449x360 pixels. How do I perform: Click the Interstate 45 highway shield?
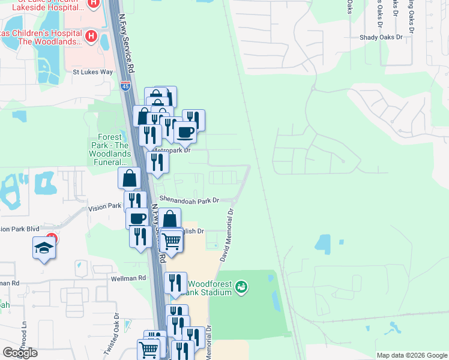pos(125,86)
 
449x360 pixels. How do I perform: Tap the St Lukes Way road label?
pos(92,72)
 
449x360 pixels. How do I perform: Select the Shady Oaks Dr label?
pos(388,37)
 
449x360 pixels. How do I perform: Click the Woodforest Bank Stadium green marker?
pos(241,287)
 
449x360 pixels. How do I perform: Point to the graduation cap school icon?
pos(44,248)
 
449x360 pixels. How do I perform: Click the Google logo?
pos(20,352)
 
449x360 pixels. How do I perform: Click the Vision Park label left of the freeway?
pos(105,206)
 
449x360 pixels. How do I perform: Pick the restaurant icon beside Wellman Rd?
pos(175,283)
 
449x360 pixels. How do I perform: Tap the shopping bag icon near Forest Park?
pos(129,178)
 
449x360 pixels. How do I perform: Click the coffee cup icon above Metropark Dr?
pos(185,132)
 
